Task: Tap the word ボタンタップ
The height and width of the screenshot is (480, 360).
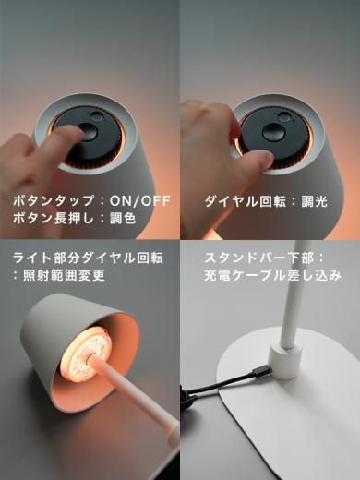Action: (45, 199)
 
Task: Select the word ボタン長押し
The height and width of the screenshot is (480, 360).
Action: (45, 220)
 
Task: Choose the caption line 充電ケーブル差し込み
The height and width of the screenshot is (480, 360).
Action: (272, 275)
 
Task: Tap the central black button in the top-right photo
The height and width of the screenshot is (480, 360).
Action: (273, 132)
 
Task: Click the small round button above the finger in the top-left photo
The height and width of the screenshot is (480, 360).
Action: (97, 118)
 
